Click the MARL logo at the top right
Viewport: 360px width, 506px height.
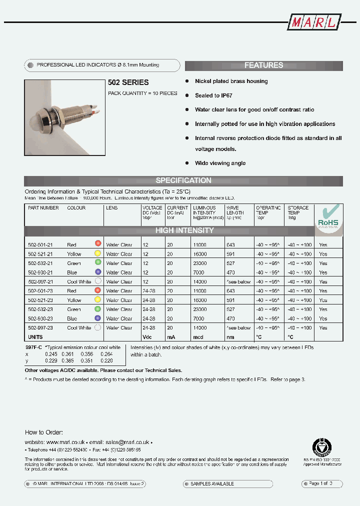click(x=314, y=22)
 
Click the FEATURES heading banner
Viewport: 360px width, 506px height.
click(x=263, y=65)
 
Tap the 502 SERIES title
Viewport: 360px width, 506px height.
click(x=128, y=82)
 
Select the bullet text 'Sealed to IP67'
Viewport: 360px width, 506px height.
click(x=213, y=95)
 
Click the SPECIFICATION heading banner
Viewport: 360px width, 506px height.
click(x=183, y=180)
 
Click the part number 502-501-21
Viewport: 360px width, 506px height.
click(x=40, y=245)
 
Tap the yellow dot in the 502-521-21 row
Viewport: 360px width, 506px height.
click(x=98, y=253)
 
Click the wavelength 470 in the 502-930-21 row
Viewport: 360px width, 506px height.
click(x=230, y=272)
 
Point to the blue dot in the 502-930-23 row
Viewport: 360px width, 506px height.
click(x=98, y=318)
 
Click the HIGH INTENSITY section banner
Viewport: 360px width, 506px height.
click(x=184, y=230)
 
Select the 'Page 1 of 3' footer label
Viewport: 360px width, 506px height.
click(x=324, y=483)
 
